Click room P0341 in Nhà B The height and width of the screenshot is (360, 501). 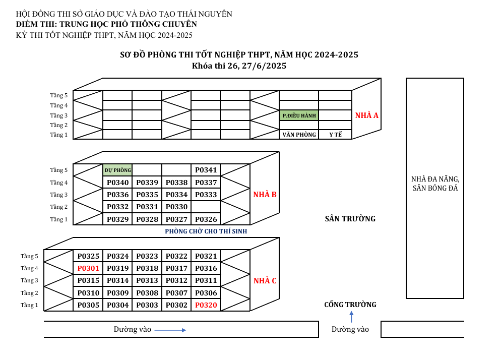(206, 170)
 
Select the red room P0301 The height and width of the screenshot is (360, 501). (88, 268)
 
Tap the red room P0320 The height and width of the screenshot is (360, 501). (206, 305)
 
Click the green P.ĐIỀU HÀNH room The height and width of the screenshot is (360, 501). (299, 115)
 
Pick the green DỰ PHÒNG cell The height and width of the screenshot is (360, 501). (117, 170)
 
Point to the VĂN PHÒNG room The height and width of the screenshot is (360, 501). (299, 135)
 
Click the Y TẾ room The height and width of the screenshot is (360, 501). (336, 135)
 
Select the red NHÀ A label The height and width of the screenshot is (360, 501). (366, 115)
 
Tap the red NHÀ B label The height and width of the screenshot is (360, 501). (265, 195)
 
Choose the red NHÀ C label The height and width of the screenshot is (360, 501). (265, 281)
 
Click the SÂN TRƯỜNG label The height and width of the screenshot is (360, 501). (350, 219)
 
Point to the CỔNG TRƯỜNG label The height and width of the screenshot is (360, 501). (350, 305)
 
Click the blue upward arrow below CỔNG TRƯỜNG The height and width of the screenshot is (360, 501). (351, 317)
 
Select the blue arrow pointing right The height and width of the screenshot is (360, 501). (170, 330)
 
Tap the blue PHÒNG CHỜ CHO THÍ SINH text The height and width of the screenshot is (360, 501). (206, 231)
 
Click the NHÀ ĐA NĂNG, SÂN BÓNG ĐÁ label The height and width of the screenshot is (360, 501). (435, 184)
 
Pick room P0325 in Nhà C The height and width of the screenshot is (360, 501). (88, 256)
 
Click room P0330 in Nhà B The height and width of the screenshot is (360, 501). (176, 207)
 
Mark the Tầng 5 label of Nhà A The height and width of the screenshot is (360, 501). (59, 95)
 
